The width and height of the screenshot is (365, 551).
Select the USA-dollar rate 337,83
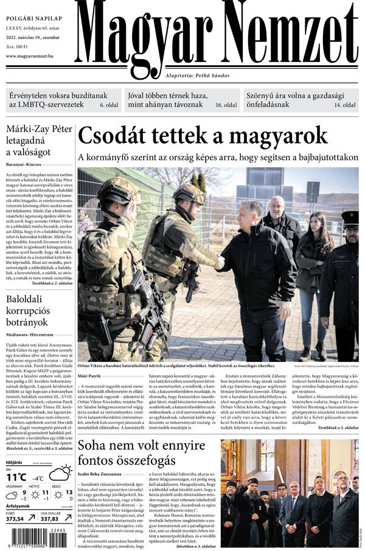[x=52, y=519]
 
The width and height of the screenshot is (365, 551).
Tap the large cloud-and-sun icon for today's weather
[x=61, y=472]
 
